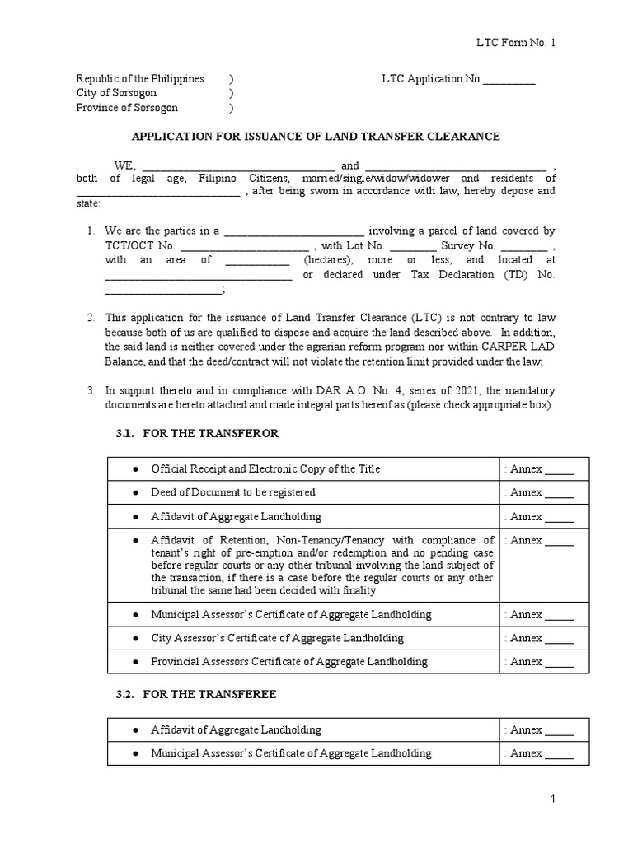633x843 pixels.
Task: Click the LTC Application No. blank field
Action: (509, 81)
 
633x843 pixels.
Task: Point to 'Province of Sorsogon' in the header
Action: (127, 108)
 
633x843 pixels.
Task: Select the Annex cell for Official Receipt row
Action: (543, 469)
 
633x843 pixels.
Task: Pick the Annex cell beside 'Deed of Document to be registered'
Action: (543, 492)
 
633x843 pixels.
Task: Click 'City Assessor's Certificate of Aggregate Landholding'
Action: (277, 638)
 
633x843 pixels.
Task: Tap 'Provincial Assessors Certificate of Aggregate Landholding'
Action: (289, 661)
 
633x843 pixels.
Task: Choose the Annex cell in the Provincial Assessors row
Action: (543, 661)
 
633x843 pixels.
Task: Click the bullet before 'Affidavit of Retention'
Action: (135, 541)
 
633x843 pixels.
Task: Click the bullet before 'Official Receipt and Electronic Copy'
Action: (135, 469)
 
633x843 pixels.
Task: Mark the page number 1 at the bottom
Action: (555, 799)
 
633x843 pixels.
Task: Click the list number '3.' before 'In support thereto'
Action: (92, 390)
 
